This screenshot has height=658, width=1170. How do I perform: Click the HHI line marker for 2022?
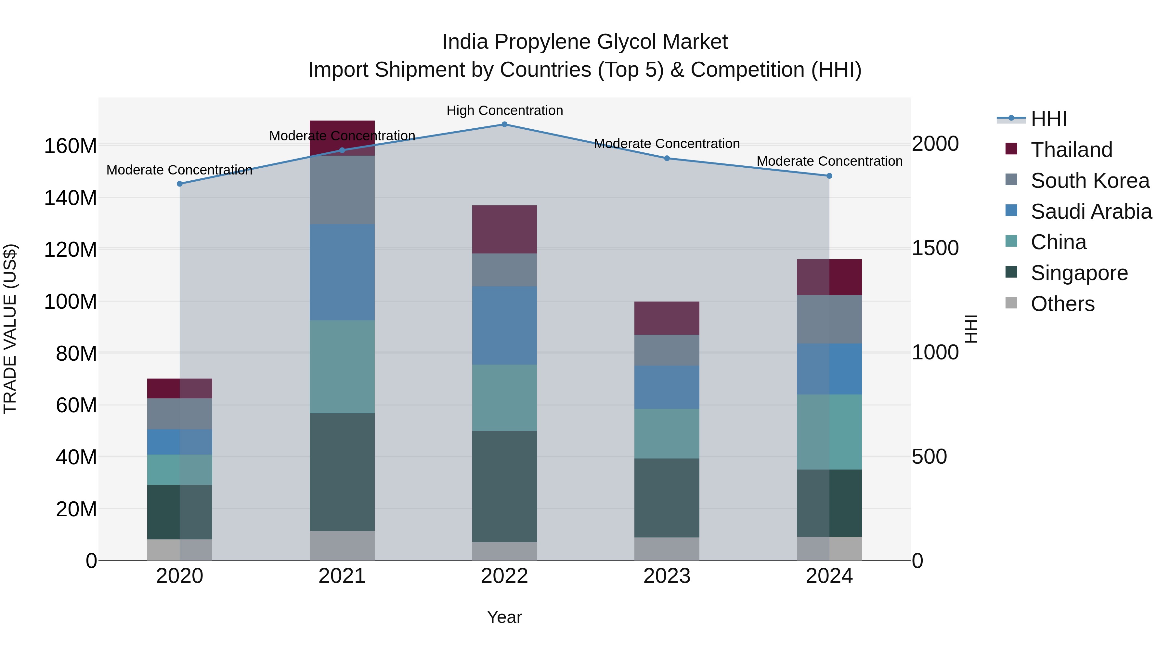(x=504, y=124)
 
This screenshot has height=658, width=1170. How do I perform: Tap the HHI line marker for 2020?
(x=179, y=184)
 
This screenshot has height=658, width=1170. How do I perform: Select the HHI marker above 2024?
(x=829, y=176)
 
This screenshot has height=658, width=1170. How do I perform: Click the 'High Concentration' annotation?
(x=504, y=110)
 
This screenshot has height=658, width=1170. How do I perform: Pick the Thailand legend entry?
(x=1071, y=150)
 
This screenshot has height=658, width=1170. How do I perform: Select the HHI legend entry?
(x=1048, y=119)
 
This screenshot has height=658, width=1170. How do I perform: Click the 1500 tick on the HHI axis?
(x=935, y=248)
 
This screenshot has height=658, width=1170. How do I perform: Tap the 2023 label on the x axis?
(x=666, y=576)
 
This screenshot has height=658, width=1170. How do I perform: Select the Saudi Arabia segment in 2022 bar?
(x=504, y=325)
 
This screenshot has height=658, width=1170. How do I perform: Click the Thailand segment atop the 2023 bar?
(x=666, y=318)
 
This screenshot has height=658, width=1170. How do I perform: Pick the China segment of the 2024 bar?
(x=829, y=432)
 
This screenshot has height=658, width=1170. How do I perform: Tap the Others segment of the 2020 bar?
(x=179, y=549)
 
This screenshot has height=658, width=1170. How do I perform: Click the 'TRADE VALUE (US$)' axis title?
(x=10, y=329)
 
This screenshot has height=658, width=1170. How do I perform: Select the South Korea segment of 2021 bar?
(x=342, y=189)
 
